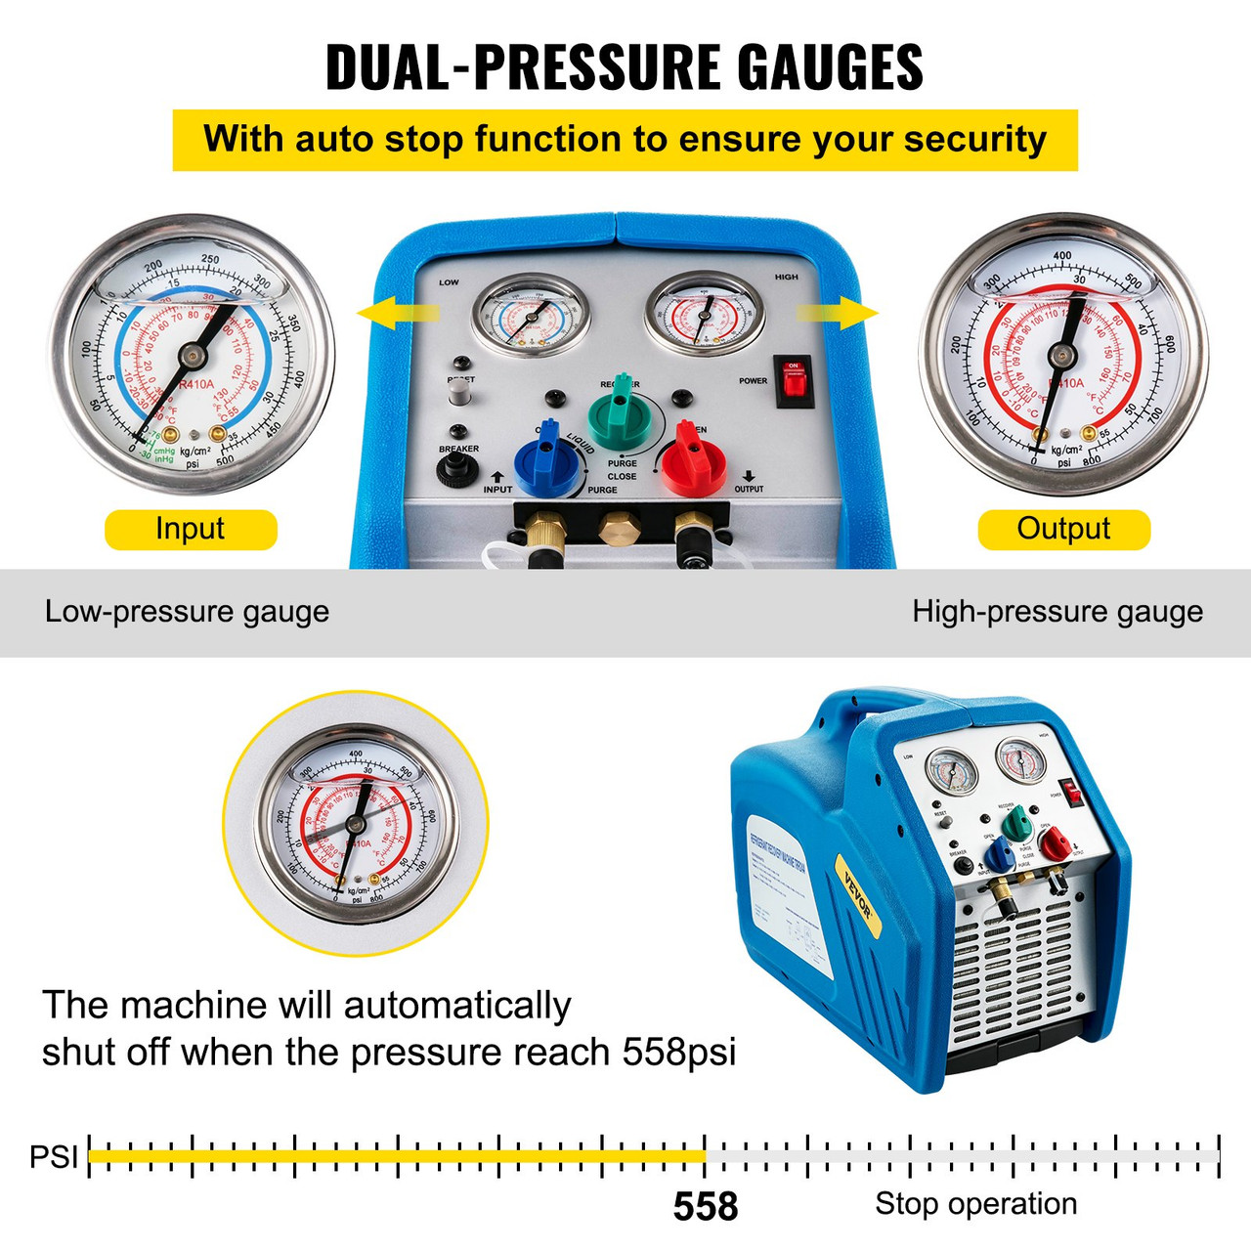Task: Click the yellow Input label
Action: click(x=191, y=529)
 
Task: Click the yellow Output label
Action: click(x=1063, y=529)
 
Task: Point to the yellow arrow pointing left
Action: click(x=397, y=313)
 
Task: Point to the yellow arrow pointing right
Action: click(x=839, y=313)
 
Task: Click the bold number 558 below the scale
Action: click(x=705, y=1206)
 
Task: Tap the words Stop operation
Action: click(x=975, y=1203)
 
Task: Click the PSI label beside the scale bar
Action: click(x=53, y=1156)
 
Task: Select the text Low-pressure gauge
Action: click(x=187, y=612)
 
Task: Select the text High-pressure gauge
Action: click(x=1057, y=612)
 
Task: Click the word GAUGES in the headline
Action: click(x=829, y=67)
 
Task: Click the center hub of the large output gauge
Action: click(x=1061, y=357)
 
